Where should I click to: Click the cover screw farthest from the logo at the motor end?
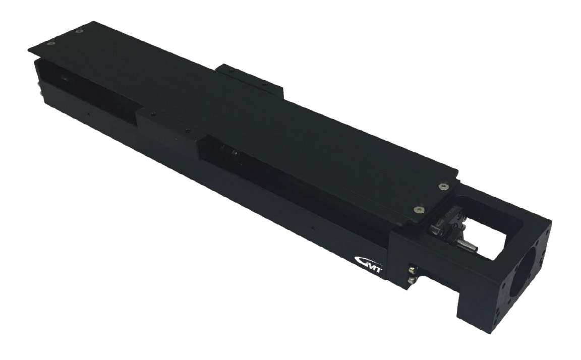click(443, 187)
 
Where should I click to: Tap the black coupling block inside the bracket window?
click(444, 227)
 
